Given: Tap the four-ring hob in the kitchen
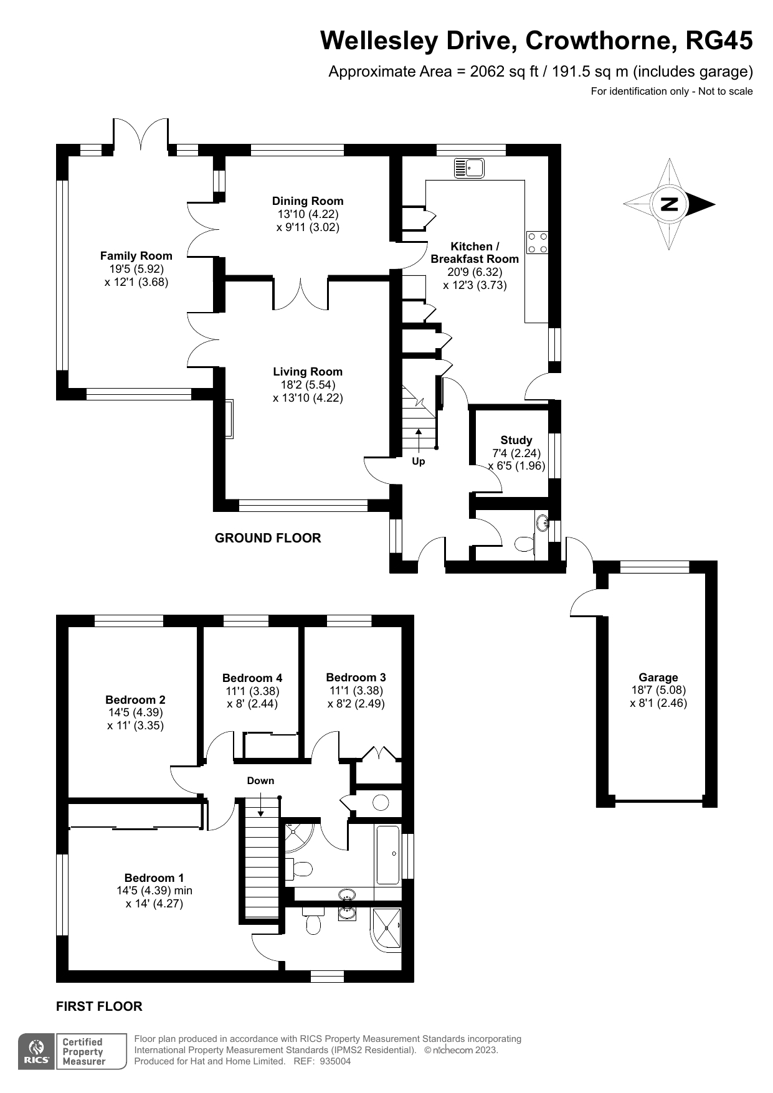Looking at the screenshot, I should click(x=538, y=242).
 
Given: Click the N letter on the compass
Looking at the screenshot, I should click(x=669, y=204).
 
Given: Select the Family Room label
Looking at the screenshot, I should click(x=136, y=256).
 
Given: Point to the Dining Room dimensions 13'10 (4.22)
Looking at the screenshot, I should click(x=307, y=214).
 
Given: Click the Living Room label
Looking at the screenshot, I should click(x=307, y=372).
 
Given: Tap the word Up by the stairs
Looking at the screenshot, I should click(x=419, y=461).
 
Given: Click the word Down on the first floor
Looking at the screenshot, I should click(x=260, y=780).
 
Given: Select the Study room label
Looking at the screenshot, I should click(x=516, y=440).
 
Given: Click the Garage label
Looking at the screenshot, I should click(x=658, y=677).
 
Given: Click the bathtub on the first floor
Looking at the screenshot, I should click(x=388, y=854).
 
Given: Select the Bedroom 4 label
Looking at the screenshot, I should click(x=252, y=678).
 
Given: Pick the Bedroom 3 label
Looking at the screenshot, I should click(x=356, y=677).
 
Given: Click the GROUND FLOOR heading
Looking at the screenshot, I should click(x=268, y=538).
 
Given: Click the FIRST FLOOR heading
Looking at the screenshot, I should click(x=99, y=1006).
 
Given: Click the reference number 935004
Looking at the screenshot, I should click(x=335, y=1062).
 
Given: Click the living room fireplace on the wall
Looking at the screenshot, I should click(x=229, y=419).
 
